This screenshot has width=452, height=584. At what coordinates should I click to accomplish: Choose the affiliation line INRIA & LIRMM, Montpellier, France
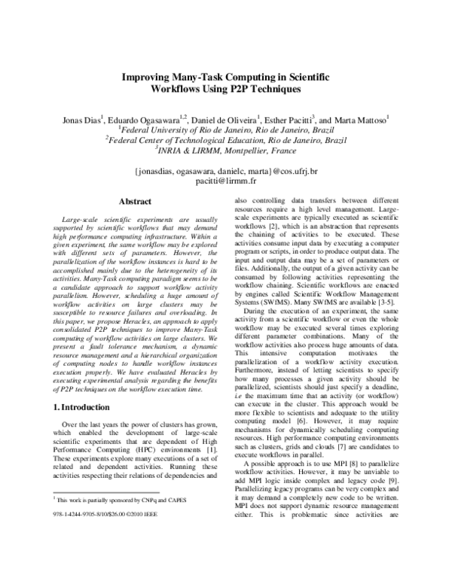(225, 150)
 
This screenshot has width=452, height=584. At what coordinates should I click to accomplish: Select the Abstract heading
(136, 202)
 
